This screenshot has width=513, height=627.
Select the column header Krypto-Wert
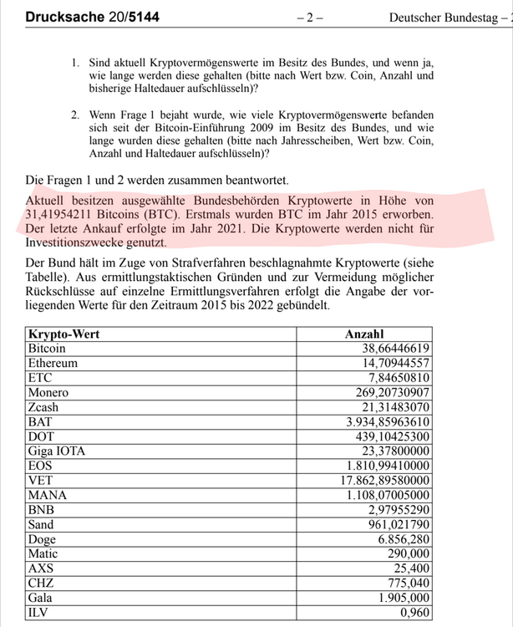(x=63, y=334)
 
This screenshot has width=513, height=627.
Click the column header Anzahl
(x=365, y=334)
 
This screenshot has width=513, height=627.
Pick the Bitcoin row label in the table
(x=48, y=348)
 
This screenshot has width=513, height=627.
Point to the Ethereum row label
(x=53, y=363)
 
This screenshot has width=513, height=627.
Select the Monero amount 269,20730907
(x=393, y=392)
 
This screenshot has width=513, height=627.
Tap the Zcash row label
(x=44, y=406)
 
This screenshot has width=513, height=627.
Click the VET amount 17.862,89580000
(x=388, y=480)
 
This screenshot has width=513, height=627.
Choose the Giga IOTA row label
(x=57, y=451)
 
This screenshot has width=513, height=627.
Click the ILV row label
(x=39, y=612)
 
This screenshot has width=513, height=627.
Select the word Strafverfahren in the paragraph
(x=215, y=263)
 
